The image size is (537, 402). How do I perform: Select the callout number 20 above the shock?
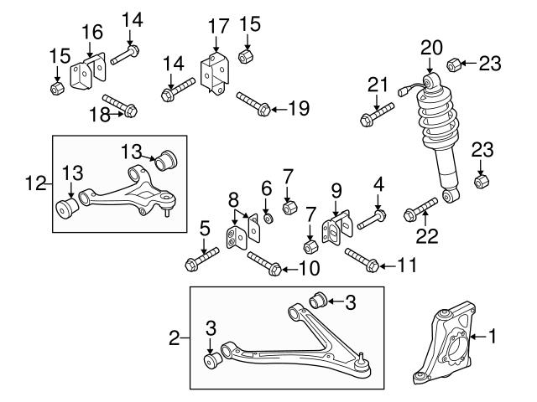[431, 48]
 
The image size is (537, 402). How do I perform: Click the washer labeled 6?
[268, 218]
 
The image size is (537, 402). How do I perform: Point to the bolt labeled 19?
[253, 104]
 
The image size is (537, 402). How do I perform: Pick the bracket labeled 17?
[215, 73]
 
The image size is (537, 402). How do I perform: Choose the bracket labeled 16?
[88, 70]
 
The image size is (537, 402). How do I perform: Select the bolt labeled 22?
[420, 209]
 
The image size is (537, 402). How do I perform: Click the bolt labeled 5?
[201, 260]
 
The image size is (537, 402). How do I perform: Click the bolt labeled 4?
[372, 219]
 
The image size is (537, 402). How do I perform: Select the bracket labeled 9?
[337, 227]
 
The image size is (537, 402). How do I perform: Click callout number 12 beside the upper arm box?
[35, 184]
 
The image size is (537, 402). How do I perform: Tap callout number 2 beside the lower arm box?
[175, 338]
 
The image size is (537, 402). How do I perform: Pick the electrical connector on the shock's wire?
[403, 91]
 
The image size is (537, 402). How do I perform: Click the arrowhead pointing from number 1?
[472, 337]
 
